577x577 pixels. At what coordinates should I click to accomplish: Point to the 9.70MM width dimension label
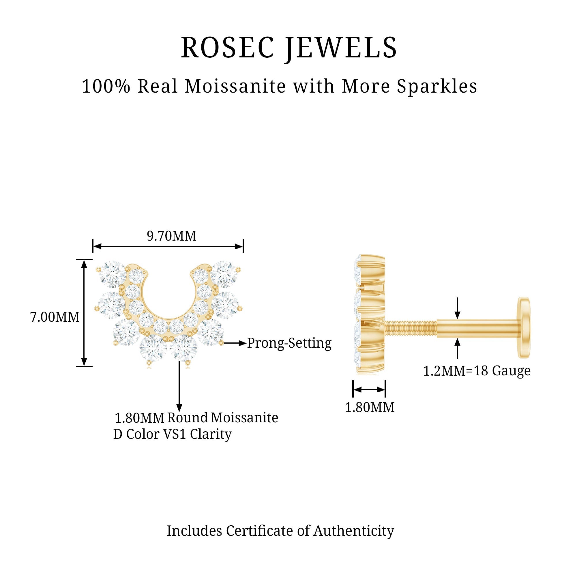(x=172, y=236)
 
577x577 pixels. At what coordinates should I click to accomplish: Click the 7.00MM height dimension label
(x=55, y=317)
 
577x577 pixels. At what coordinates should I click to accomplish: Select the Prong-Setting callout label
(x=289, y=343)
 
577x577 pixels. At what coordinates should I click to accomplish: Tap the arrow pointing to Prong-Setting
(x=235, y=343)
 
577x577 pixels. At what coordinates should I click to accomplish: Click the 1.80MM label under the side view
(x=370, y=407)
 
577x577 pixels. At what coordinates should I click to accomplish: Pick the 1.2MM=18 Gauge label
(x=477, y=371)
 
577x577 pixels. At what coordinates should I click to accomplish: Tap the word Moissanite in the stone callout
(x=245, y=417)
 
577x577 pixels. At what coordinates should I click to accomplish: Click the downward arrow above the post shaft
(x=457, y=308)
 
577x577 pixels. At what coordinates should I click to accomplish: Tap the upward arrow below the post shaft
(x=457, y=349)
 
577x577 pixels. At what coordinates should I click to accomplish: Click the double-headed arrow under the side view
(x=369, y=389)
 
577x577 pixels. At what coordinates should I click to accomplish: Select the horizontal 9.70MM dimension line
(x=168, y=246)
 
